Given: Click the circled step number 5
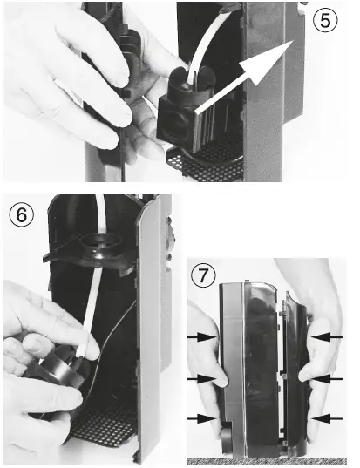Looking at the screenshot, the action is pos(325,20).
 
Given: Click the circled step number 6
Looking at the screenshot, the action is pos(22,214).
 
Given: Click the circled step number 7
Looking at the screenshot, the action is pos(203,275).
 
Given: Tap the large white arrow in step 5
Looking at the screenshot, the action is pos(244,78).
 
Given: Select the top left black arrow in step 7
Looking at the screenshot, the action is pos(201,337).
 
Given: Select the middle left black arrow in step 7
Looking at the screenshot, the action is pos(201,379).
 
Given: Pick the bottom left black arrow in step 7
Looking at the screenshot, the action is pos(201,418).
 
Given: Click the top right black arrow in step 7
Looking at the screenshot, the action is pos(327,337).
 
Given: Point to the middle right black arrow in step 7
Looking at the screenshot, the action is pos(327,379).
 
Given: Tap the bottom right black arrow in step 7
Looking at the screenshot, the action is pos(327,418).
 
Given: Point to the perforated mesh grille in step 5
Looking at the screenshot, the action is pos(205,163).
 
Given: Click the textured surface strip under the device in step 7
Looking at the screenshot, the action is pos(267,460).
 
